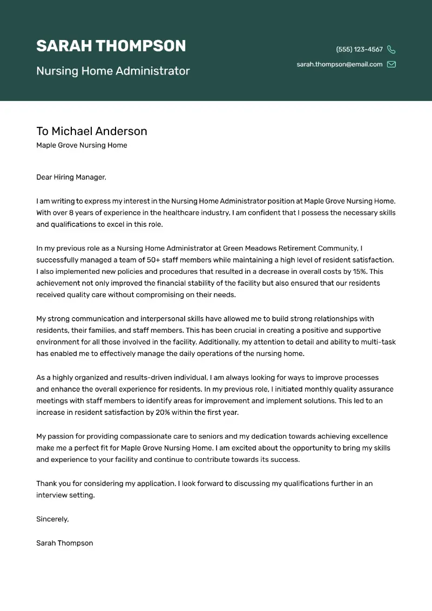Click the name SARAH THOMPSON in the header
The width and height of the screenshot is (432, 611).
point(111,46)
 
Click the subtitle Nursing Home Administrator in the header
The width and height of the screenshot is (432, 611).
point(113,71)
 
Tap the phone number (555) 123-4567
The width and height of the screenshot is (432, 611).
point(359,49)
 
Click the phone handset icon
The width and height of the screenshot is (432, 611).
point(391,50)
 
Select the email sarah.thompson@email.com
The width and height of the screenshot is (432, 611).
point(339,64)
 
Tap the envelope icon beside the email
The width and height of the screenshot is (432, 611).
point(391,64)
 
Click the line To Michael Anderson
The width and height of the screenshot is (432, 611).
point(91,131)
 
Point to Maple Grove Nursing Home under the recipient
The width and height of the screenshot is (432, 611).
point(82,145)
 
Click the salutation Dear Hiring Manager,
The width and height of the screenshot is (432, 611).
point(71,177)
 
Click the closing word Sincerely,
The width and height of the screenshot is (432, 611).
point(52,519)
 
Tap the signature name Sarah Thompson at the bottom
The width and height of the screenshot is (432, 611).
point(64,543)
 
